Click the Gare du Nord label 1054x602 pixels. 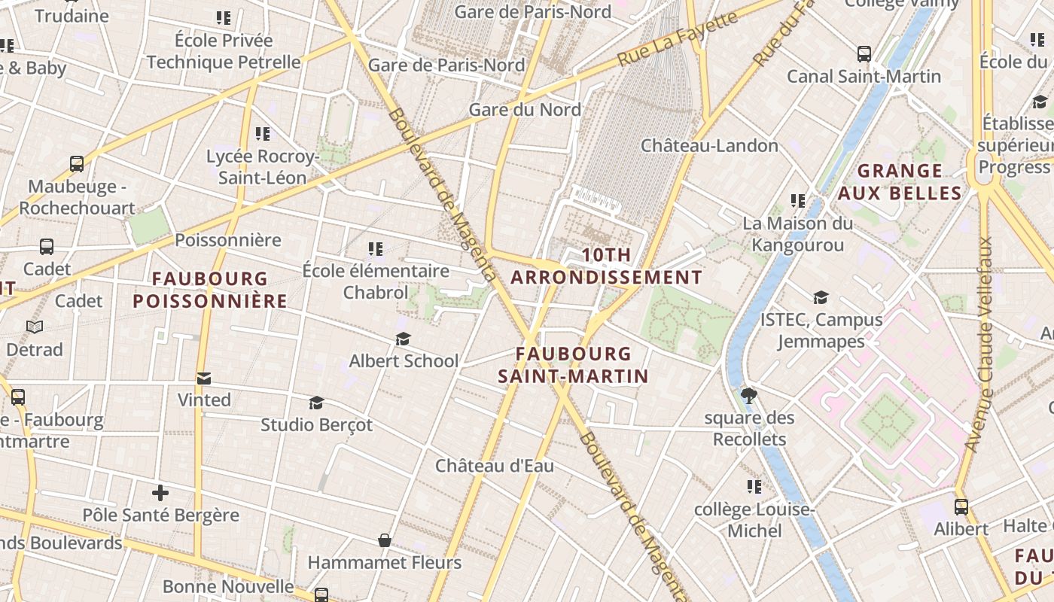[525, 110]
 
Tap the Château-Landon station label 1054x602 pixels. [709, 145]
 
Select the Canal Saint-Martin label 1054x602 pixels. [864, 76]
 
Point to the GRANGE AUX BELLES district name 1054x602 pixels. [900, 182]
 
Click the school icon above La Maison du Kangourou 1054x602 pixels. [797, 201]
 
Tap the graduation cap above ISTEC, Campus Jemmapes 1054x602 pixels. [821, 298]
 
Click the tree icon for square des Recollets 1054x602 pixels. [748, 395]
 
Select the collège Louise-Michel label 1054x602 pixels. [754, 520]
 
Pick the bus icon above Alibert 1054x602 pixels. [961, 506]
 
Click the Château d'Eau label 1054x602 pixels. [495, 466]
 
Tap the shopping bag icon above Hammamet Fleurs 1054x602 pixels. [384, 540]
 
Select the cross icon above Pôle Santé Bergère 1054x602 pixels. [160, 494]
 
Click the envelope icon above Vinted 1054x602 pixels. [203, 378]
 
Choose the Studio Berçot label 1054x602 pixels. [316, 424]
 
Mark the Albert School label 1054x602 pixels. [404, 360]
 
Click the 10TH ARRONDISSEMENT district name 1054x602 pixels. [606, 266]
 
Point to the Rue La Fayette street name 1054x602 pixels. [678, 38]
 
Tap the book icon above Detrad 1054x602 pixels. [35, 327]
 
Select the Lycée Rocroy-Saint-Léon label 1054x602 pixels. [262, 167]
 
